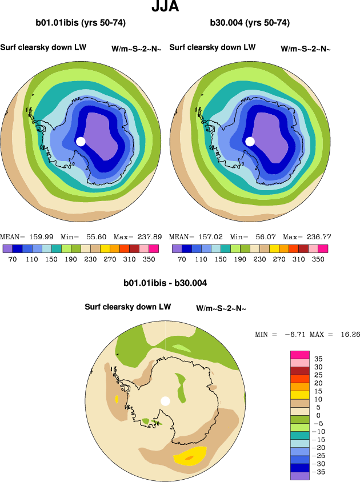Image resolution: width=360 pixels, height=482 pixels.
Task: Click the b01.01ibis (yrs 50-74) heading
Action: point(81,23)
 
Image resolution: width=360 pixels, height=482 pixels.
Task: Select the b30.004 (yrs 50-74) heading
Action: point(250,23)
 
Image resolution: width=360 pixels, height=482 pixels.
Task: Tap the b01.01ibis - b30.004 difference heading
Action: point(165,283)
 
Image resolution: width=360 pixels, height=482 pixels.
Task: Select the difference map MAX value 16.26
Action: point(347,334)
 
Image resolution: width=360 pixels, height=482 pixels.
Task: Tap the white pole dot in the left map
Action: point(81,141)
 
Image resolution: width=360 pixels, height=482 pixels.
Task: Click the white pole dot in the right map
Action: point(250,141)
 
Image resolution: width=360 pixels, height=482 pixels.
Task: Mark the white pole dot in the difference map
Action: point(166,401)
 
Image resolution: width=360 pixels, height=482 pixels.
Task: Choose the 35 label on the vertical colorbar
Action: point(318,359)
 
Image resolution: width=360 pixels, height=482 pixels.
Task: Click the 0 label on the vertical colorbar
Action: point(318,416)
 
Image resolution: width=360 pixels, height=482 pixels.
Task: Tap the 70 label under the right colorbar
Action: point(182,259)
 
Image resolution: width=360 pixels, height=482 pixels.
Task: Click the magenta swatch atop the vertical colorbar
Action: point(301,354)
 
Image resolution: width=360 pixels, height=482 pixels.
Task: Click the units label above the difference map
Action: point(221,308)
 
